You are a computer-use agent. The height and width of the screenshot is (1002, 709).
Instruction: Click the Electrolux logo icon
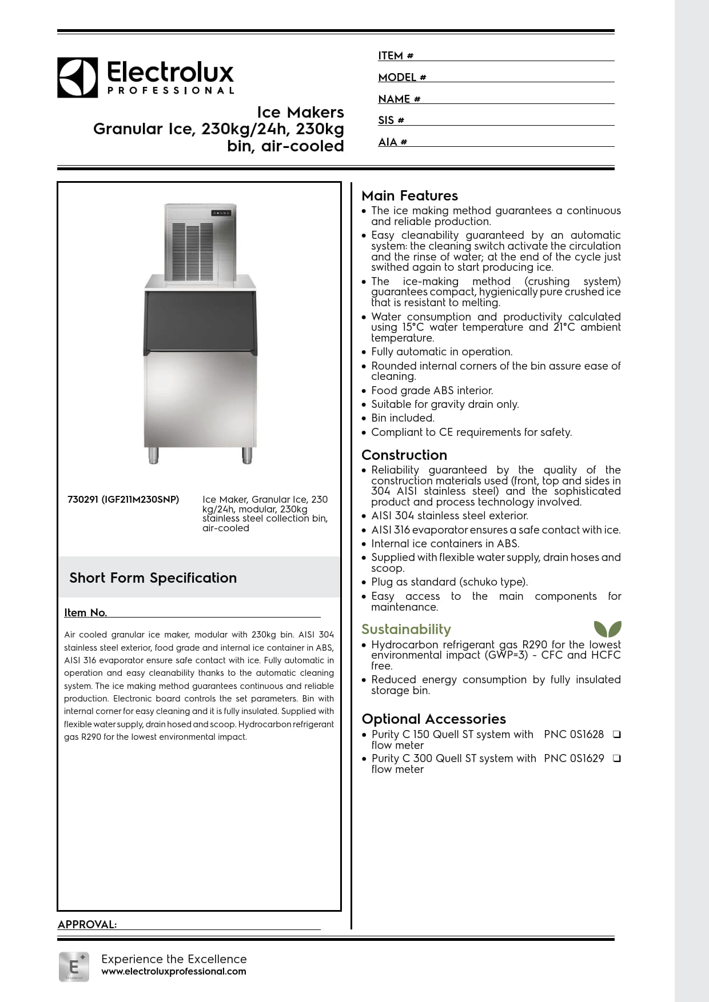[x=77, y=77]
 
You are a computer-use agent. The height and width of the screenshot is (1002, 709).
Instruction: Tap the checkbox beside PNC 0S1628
[x=616, y=734]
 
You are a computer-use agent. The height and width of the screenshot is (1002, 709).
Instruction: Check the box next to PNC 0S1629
[x=616, y=759]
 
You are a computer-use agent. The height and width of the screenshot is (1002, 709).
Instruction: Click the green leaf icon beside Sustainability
[x=607, y=629]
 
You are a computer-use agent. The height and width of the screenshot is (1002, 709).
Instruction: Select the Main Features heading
[x=409, y=195]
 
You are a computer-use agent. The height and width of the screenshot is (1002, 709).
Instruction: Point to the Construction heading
[x=404, y=455]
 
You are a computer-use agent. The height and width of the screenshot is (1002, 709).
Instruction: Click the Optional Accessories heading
[x=433, y=719]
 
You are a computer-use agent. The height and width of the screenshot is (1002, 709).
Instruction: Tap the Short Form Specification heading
[x=153, y=578]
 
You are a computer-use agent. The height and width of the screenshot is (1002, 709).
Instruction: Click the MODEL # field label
[x=402, y=78]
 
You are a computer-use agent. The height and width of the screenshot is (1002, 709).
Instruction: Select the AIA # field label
[x=392, y=142]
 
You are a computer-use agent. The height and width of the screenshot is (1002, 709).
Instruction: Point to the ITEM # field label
[x=396, y=56]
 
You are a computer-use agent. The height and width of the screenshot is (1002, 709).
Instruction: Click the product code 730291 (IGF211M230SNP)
[x=123, y=499]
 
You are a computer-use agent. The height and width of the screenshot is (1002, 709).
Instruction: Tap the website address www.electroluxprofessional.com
[x=173, y=971]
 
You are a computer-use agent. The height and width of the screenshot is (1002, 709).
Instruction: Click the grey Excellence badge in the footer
[x=74, y=967]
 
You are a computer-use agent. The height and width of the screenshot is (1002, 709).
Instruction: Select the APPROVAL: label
[x=87, y=924]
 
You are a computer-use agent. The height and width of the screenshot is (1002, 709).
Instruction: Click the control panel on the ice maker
[x=221, y=213]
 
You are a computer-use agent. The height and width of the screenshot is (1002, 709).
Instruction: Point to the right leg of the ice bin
[x=247, y=455]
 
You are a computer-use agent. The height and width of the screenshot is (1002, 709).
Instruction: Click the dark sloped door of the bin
[x=200, y=321]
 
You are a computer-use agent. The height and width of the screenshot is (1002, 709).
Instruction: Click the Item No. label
[x=85, y=612]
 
